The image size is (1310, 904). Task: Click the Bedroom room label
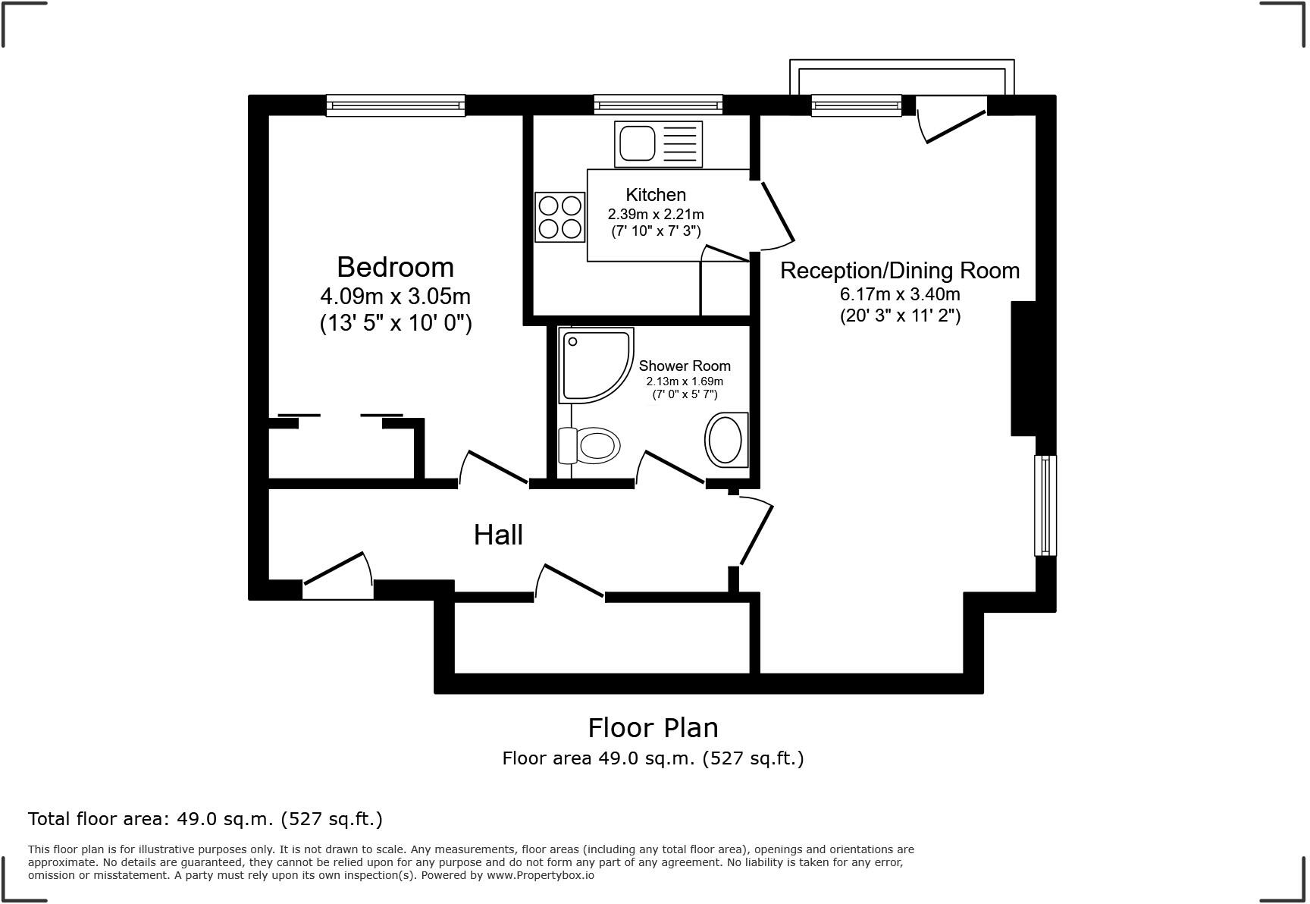395,267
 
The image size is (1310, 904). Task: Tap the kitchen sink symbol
658,144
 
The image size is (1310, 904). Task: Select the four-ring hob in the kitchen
560,217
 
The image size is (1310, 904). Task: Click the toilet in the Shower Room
590,445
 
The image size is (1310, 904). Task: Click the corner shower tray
594,364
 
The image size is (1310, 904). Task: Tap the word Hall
498,535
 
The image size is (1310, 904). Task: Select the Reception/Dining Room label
900,271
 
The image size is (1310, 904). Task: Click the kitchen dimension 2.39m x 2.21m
656,215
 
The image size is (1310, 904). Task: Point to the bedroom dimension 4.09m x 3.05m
395,296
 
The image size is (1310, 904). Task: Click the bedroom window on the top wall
395,105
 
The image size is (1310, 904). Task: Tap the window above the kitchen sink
658,105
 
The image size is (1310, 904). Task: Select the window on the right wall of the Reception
1045,505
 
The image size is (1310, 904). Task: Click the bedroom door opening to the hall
494,469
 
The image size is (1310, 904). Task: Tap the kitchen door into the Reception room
776,215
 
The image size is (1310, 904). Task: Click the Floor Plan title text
653,728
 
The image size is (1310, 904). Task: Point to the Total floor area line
205,819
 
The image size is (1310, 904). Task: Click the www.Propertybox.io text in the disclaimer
540,875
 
